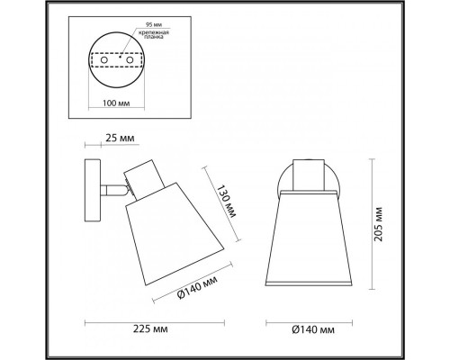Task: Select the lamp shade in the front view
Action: click(x=310, y=238)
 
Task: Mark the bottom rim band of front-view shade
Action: click(x=310, y=288)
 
